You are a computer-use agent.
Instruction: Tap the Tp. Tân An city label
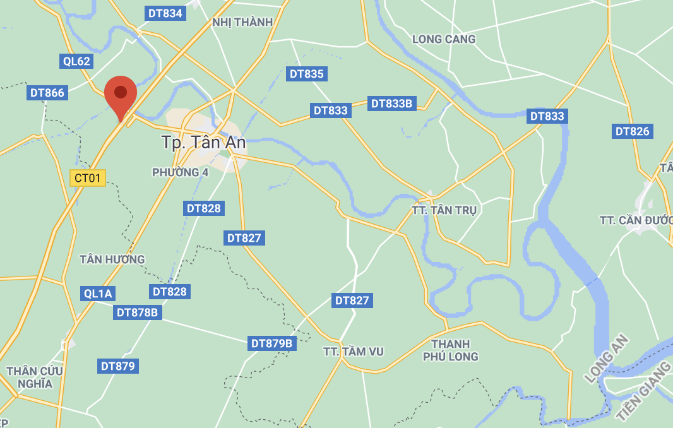point(203,143)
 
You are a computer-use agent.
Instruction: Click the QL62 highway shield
point(77,61)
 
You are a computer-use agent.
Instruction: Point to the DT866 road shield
point(47,93)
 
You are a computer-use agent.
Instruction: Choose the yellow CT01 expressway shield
point(87,178)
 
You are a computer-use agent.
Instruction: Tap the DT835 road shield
point(306,74)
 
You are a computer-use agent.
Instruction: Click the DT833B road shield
point(391,104)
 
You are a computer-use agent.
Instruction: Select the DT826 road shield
point(632,131)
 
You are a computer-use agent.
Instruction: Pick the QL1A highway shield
point(98,294)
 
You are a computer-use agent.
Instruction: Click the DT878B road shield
point(137,312)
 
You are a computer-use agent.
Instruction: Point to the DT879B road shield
point(271,343)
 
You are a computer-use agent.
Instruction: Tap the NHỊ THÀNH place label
point(242,22)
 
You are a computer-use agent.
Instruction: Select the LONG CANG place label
point(444,39)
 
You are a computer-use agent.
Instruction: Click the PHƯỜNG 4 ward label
point(180,172)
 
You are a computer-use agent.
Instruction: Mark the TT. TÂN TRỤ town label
point(446,210)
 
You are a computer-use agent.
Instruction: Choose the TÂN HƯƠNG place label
point(112,259)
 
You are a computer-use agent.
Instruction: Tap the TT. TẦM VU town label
point(353,352)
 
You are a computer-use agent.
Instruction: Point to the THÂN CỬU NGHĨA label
point(35,377)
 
